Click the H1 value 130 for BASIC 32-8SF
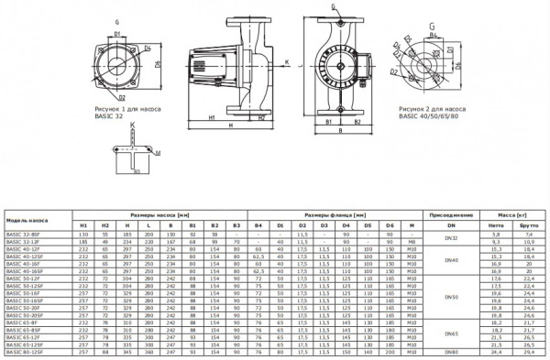[83, 235]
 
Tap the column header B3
[236, 225]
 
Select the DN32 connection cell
[449, 238]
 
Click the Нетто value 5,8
[495, 235]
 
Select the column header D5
[368, 225]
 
